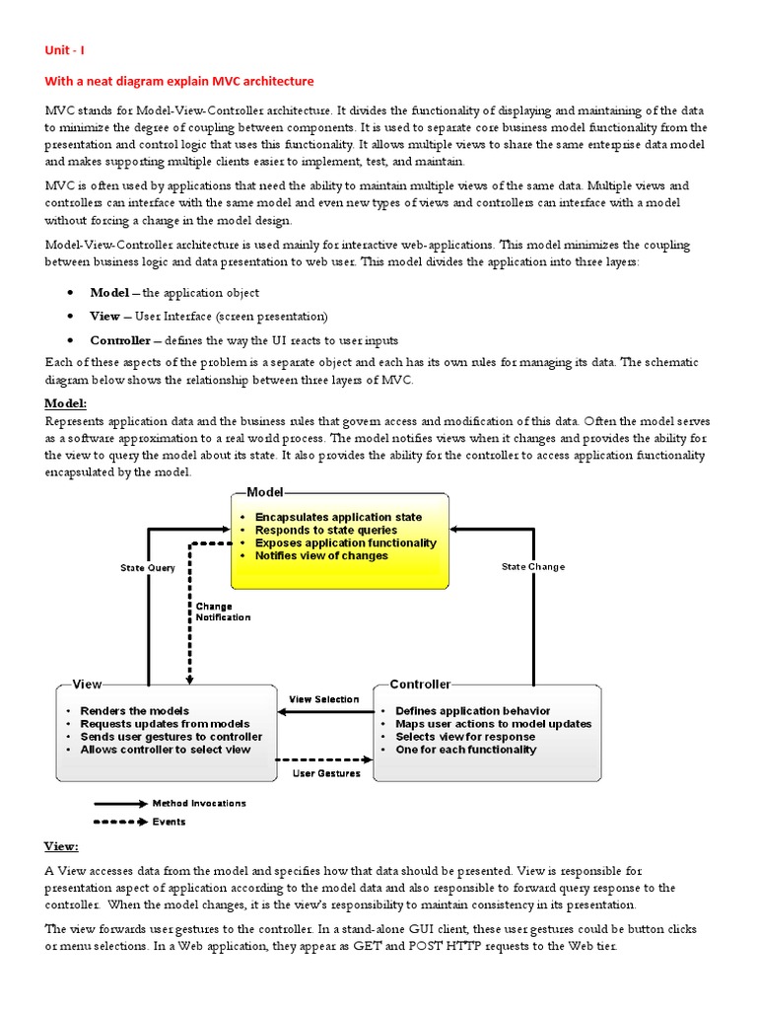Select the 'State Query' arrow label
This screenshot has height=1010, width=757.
[x=148, y=568]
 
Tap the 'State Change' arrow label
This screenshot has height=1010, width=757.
[x=533, y=567]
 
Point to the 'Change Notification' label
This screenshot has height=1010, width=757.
[x=223, y=612]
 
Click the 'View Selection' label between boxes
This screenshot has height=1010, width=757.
[x=323, y=699]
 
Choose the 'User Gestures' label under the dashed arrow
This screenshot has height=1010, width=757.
[x=326, y=773]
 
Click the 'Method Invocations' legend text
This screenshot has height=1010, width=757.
[x=199, y=803]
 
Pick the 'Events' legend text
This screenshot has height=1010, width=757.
[x=169, y=821]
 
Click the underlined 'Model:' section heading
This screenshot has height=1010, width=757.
[x=67, y=403]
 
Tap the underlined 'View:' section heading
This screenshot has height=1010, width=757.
[x=65, y=846]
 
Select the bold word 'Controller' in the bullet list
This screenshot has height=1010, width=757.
[x=120, y=339]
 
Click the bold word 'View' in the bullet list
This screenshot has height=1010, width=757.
[x=104, y=316]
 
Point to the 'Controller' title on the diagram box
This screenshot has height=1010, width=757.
[x=420, y=684]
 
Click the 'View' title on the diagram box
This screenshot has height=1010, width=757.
[x=88, y=684]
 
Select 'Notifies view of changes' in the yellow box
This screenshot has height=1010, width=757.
[x=321, y=556]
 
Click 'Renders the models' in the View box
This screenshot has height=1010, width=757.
[x=135, y=710]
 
